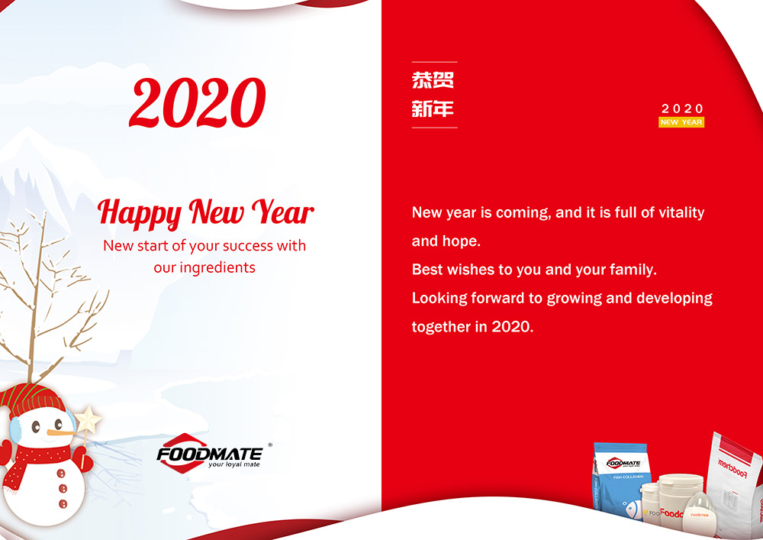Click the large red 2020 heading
tap(198, 103)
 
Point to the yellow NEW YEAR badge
tap(681, 122)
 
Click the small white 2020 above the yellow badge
tap(682, 109)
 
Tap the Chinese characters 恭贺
tap(433, 80)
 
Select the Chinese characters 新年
tap(433, 109)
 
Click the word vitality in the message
tap(678, 212)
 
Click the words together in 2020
tap(472, 327)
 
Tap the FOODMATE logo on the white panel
tap(210, 453)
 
